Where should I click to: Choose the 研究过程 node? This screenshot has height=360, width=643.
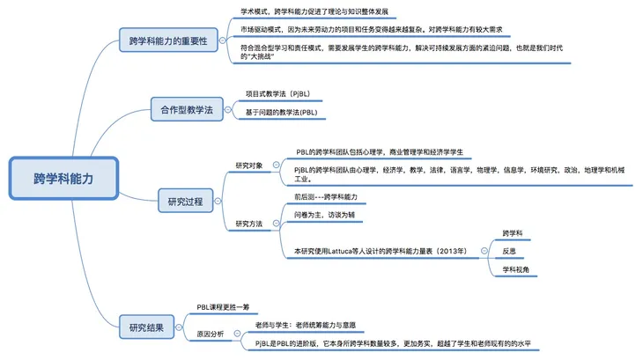pos(185,202)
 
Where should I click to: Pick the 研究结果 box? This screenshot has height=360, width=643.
pos(140,327)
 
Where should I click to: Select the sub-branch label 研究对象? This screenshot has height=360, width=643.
pos(249,165)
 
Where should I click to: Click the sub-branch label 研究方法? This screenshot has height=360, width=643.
pos(249,224)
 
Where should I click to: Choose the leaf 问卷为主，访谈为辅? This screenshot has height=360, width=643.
pos(327,215)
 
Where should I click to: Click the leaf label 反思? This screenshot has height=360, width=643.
pos(508,251)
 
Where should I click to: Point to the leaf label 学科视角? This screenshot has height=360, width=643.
pos(514,269)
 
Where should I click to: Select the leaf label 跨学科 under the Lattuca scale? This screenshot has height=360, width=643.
pos(512,233)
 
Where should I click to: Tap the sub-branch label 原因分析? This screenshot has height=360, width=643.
pos(211,334)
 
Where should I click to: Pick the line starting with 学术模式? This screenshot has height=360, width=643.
pos(313,12)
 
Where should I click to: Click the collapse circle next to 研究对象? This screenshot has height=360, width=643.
pos(275,165)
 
